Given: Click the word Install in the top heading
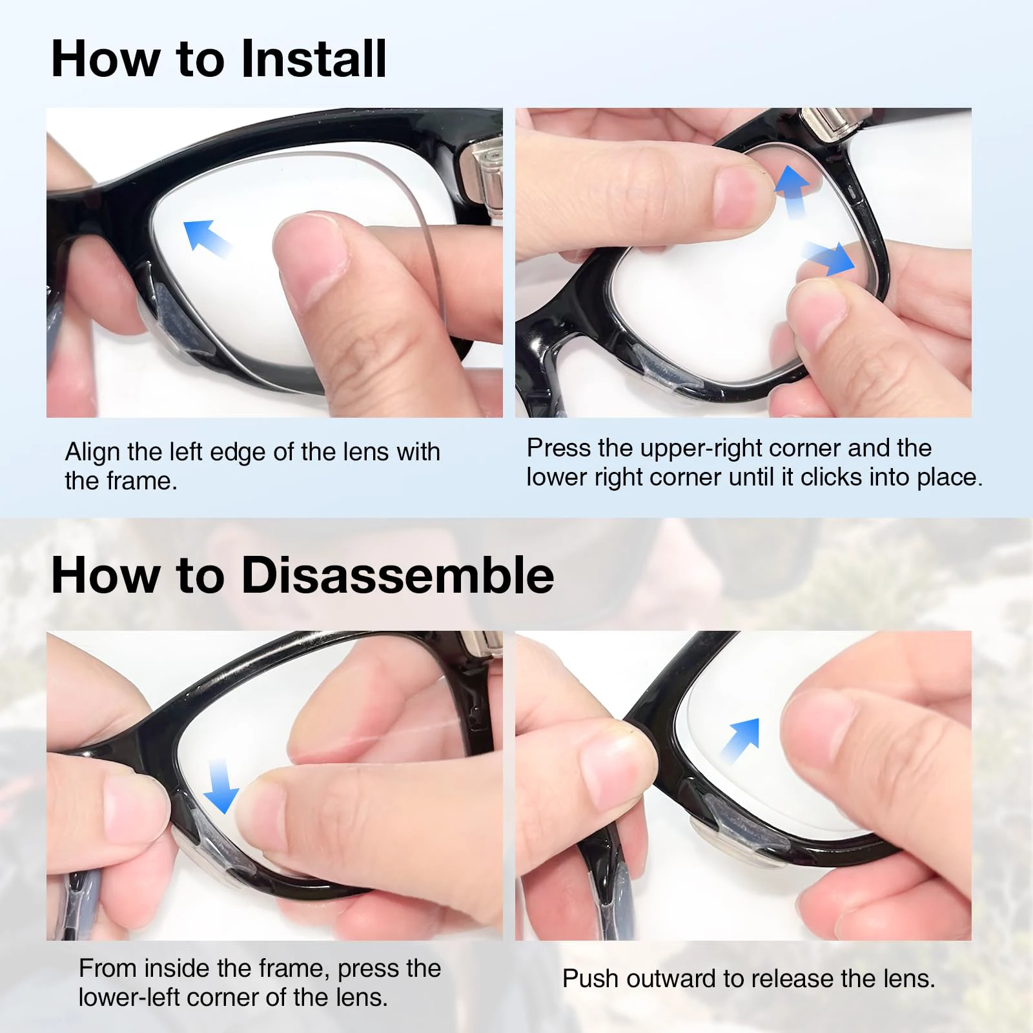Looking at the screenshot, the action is (314, 58).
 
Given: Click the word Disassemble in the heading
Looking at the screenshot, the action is (398, 575).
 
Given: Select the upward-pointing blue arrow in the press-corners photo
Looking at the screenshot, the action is (792, 191).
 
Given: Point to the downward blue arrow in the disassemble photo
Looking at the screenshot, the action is (221, 786).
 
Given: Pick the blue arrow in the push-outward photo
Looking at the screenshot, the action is (741, 740).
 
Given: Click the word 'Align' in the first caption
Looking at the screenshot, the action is (93, 453).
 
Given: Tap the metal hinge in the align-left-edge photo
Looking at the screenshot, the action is (486, 174).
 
